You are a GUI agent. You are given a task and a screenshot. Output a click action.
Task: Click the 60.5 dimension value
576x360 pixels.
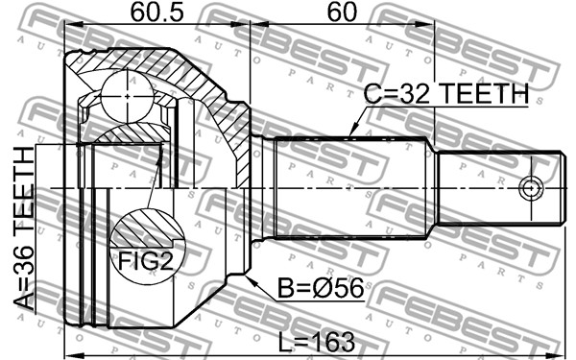coord(156,12)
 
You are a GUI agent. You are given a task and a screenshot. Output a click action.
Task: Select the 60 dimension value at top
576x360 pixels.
coord(342,12)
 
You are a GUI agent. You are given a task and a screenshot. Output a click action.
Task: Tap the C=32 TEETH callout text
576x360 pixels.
coord(446,93)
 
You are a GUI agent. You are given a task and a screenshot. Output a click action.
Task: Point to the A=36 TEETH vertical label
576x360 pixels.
coord(24,228)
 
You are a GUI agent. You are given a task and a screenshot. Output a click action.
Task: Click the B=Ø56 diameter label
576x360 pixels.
coord(321,288)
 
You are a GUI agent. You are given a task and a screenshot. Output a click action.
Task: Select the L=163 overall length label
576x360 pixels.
coord(317,343)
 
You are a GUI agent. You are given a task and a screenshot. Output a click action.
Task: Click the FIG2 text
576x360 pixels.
coord(145,261)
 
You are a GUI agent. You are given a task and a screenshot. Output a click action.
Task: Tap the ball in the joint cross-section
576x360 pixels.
coord(127,97)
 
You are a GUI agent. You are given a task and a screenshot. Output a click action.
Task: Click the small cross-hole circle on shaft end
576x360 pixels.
coord(531,189)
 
